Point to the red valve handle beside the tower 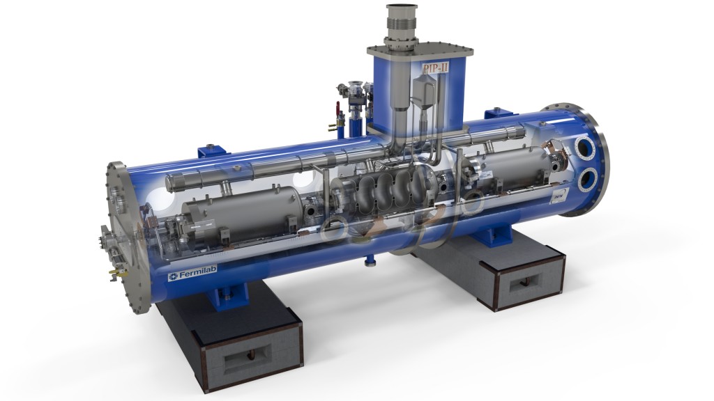pos(337,109)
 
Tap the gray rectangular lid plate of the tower pos(420,50)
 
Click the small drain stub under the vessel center pos(370,261)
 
